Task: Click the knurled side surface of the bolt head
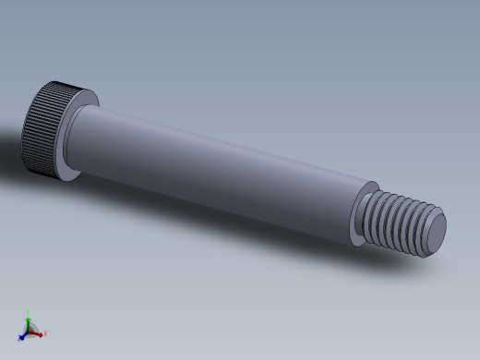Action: [41, 129]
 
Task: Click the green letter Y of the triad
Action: [29, 312]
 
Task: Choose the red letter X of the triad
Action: [44, 334]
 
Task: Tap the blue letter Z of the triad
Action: [18, 338]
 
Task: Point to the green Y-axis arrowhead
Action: [29, 318]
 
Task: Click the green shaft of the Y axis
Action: [29, 324]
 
